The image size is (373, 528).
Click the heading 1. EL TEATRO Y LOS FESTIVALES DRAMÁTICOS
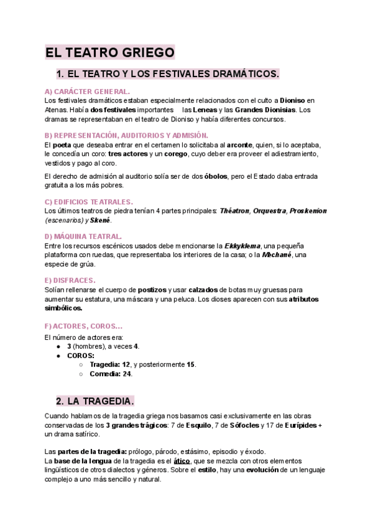167,74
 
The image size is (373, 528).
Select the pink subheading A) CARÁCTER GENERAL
88,92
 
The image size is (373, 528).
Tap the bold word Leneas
205,110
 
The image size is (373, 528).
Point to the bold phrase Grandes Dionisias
264,110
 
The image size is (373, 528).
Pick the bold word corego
179,154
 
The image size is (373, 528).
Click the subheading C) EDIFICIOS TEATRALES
89,202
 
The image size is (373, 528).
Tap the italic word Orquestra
268,211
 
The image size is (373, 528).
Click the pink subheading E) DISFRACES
70,281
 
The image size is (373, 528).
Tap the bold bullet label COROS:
81,356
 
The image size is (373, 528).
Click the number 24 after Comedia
127,374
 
